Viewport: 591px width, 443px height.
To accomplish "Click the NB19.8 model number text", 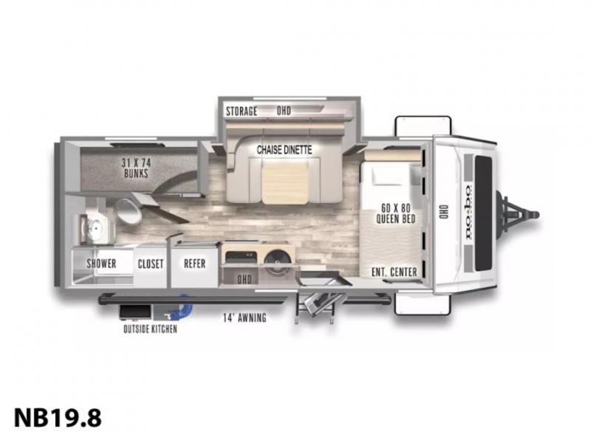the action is tap(58, 418).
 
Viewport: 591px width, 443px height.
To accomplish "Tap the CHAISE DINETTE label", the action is tap(284, 150).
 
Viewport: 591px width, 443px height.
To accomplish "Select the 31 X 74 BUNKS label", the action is tap(136, 168).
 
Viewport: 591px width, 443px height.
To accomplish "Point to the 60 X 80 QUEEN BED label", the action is tap(396, 213).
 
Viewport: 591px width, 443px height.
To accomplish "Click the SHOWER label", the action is tap(101, 264).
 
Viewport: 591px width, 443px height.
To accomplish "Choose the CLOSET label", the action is tap(151, 264).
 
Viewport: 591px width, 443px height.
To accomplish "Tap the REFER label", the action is tap(195, 264).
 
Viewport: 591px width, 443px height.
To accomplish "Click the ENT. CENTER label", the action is tap(394, 272).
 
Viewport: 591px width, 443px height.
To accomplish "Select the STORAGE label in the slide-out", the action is tap(242, 111).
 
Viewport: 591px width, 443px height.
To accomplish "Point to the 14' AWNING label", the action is tap(245, 317).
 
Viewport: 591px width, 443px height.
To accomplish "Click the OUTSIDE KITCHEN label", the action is tap(151, 329).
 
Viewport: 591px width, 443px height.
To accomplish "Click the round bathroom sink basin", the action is tap(96, 229).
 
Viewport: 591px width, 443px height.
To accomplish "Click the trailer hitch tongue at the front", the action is tap(519, 215).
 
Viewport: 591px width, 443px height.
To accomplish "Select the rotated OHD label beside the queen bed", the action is tap(443, 213).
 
